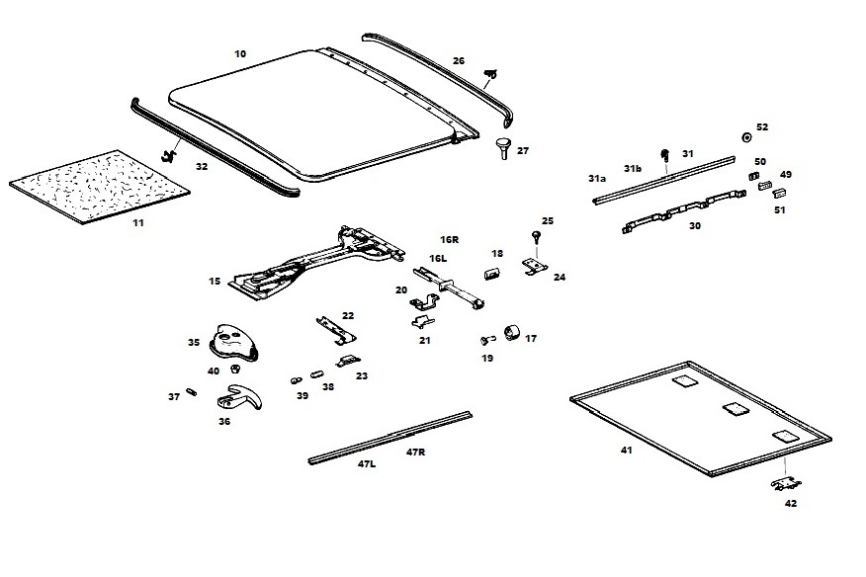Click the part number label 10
pos(240,53)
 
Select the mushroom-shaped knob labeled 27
pos(504,148)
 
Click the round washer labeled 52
pos(746,137)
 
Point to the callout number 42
pos(790,503)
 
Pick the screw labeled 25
pos(536,235)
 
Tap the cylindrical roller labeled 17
pos(512,332)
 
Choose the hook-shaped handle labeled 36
pos(243,398)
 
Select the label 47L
pos(366,463)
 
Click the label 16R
pos(450,240)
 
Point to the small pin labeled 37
pos(192,392)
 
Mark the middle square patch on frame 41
pos(733,408)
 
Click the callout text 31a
pos(596,179)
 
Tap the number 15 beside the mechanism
pos(215,282)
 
